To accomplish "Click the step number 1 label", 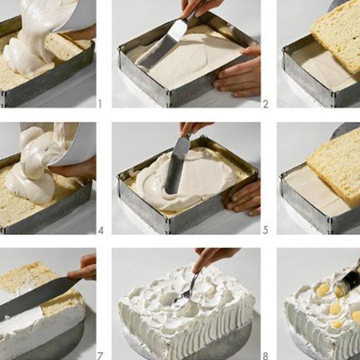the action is pyautogui.click(x=100, y=104).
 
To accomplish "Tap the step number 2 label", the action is pyautogui.click(x=265, y=104).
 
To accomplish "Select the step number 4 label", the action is pyautogui.click(x=101, y=230).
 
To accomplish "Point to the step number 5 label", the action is pyautogui.click(x=265, y=230).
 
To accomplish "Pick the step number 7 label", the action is pyautogui.click(x=99, y=356).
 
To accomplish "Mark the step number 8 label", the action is pyautogui.click(x=265, y=356).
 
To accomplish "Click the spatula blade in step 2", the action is pyautogui.click(x=161, y=46).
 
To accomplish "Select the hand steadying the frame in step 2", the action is pyautogui.click(x=239, y=73).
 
